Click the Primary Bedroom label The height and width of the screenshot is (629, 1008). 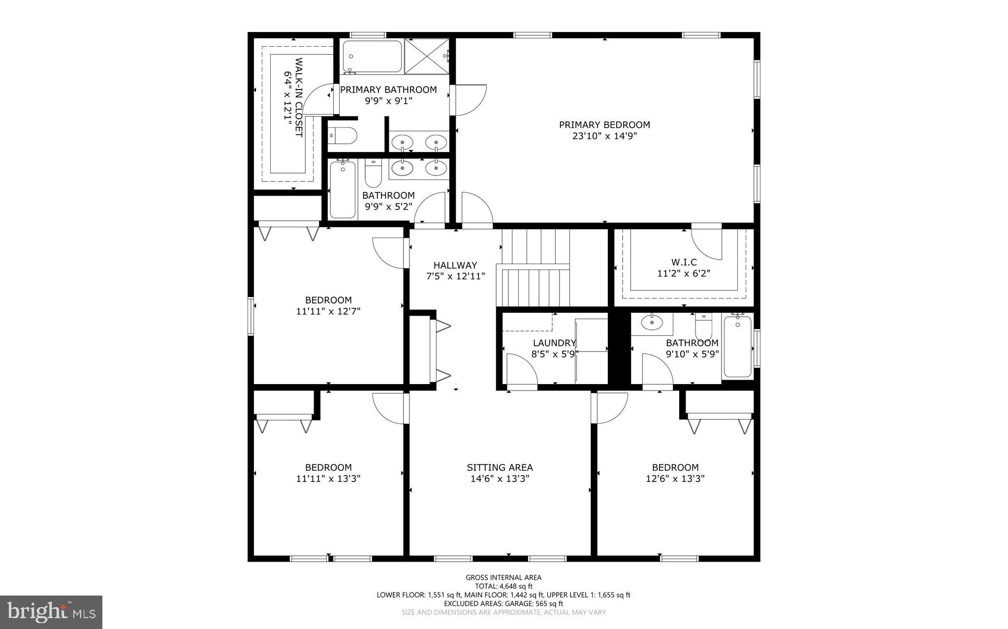[x=604, y=125]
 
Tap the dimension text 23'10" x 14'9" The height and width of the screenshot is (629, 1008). [x=604, y=136]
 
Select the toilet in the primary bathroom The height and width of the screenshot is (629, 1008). [x=342, y=135]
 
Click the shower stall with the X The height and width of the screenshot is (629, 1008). [x=427, y=56]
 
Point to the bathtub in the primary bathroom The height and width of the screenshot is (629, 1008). [x=372, y=56]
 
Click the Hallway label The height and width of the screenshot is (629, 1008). [x=455, y=265]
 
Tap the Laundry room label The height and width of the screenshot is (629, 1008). [x=554, y=343]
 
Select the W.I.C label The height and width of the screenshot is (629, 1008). [x=684, y=262]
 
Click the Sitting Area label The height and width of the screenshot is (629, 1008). [x=500, y=467]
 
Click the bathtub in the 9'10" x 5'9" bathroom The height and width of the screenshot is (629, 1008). [x=738, y=347]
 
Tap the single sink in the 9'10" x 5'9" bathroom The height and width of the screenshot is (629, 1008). [x=652, y=323]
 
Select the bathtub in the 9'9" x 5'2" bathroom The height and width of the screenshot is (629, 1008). [x=343, y=189]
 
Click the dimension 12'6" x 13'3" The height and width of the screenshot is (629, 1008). [x=675, y=479]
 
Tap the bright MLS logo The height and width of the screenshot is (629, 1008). [x=51, y=611]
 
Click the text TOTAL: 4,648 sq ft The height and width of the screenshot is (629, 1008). [x=504, y=586]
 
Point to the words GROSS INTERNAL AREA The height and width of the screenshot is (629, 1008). [x=504, y=577]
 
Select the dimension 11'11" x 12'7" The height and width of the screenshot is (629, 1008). [x=328, y=311]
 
